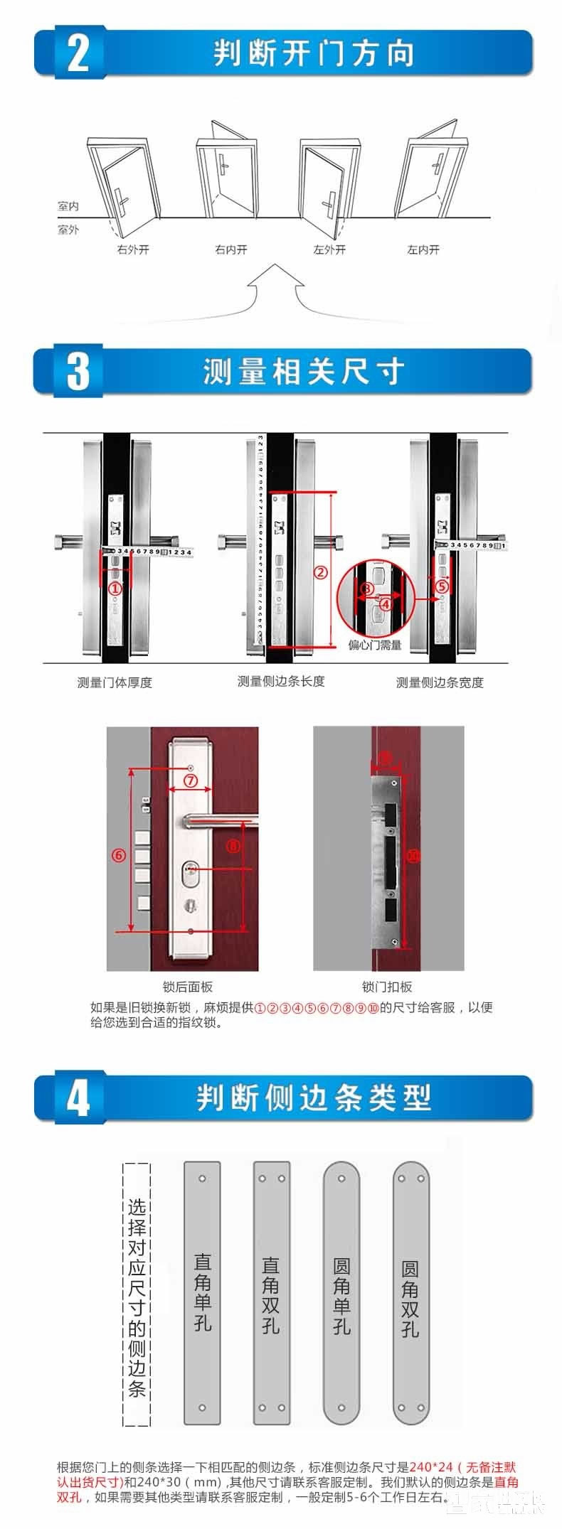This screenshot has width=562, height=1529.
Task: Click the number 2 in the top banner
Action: tap(78, 53)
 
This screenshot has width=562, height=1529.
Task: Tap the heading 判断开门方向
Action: tap(314, 53)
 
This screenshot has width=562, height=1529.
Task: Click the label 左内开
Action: tap(423, 250)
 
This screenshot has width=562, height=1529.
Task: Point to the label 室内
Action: tap(68, 206)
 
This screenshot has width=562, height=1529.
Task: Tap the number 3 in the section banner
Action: tap(78, 370)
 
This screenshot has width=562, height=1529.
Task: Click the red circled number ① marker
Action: tap(115, 589)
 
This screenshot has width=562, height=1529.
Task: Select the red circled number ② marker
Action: tap(321, 572)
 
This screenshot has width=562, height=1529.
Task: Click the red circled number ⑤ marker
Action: tap(442, 586)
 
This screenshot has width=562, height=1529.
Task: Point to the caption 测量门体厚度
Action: tap(115, 682)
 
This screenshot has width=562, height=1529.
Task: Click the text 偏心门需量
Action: tap(375, 645)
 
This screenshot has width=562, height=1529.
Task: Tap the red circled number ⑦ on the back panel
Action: tap(190, 780)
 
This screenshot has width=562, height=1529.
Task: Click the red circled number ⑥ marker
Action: tap(119, 854)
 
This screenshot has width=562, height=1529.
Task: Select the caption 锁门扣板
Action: tap(387, 987)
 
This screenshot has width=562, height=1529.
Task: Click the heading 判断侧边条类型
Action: tap(314, 1098)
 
